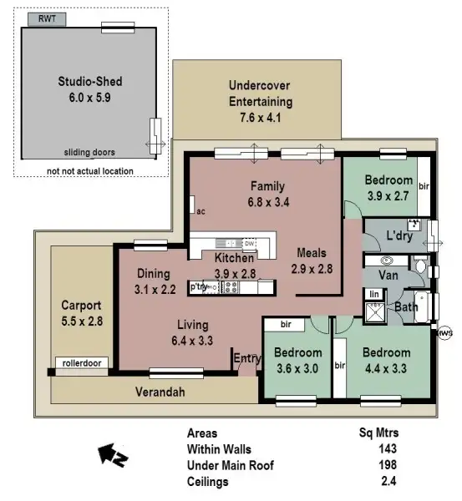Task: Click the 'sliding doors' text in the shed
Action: point(89,152)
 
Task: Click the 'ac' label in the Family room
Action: point(201,211)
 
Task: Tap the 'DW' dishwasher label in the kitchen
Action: point(249,243)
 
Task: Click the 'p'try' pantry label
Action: point(199,286)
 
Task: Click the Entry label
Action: point(246,358)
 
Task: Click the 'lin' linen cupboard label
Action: point(374,294)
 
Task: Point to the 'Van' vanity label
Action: point(388,275)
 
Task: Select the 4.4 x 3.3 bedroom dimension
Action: point(386,368)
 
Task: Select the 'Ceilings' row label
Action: point(207,482)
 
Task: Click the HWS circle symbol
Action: point(444,333)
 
